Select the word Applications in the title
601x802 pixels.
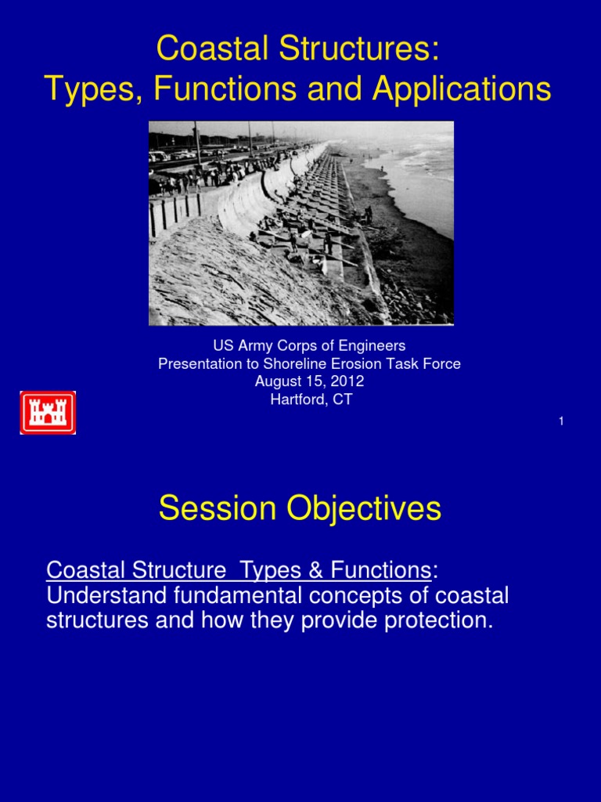click(x=462, y=90)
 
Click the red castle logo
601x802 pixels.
click(x=48, y=413)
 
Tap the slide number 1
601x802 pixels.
click(x=561, y=421)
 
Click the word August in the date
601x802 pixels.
click(x=277, y=381)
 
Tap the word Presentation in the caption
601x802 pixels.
click(x=198, y=363)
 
